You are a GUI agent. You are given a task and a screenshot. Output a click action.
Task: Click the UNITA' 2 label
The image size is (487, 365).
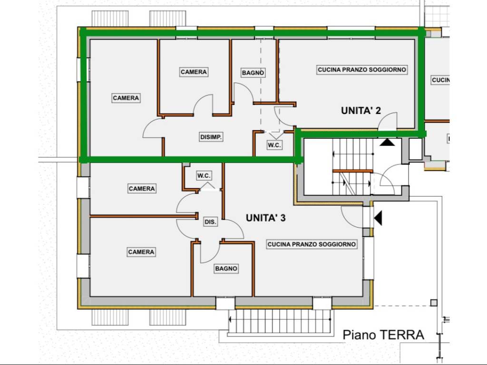[361, 111]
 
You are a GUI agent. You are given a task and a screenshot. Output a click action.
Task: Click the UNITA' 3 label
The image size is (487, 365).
[265, 218]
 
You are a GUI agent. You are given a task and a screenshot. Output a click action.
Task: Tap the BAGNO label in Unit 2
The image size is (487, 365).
[253, 73]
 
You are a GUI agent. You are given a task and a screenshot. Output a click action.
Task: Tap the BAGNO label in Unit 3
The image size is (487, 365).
[226, 269]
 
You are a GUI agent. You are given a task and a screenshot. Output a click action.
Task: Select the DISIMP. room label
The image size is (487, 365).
[212, 137]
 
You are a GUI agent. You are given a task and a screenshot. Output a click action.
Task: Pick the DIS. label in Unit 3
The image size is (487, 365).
[210, 222]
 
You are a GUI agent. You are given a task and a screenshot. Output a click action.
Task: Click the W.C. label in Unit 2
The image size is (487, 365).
[274, 145]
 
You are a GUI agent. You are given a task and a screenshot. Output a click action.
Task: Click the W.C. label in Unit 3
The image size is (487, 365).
[204, 176]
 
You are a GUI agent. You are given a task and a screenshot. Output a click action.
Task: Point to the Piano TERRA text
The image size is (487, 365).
[383, 335]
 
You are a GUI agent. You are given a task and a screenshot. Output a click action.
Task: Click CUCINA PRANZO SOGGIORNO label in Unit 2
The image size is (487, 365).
[362, 69]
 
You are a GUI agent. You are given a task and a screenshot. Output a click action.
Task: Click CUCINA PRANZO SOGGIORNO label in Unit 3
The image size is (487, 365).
[312, 244]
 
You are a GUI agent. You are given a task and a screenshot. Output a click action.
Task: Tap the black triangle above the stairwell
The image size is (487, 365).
[387, 142]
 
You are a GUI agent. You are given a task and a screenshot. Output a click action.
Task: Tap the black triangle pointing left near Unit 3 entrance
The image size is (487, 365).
[379, 218]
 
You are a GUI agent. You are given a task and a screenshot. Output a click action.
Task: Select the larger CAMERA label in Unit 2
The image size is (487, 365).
[126, 98]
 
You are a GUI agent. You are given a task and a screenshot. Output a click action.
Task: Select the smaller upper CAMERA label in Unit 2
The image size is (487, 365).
[194, 72]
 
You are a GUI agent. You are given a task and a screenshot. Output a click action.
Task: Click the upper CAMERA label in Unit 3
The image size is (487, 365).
[142, 189]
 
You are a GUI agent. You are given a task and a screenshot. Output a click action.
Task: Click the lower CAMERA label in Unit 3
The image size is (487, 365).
[141, 252]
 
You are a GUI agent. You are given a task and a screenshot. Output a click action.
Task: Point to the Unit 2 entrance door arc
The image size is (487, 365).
[389, 121]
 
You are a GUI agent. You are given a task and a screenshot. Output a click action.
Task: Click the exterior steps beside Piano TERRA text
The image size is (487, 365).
[281, 321]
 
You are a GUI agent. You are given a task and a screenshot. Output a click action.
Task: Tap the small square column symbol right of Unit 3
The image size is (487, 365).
[433, 303]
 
